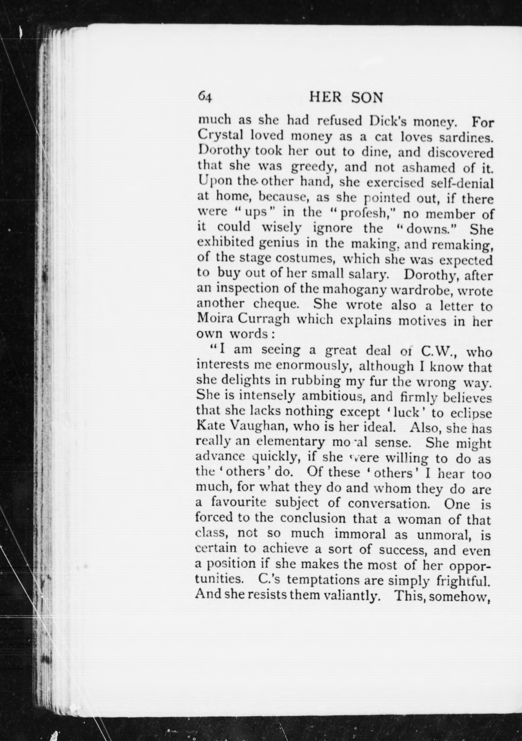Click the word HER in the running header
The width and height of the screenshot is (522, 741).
(x=325, y=97)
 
